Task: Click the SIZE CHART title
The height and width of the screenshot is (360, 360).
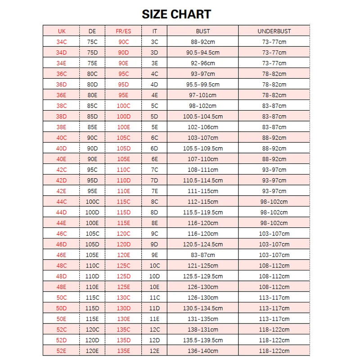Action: (x=176, y=14)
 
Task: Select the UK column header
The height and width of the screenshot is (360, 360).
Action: (x=62, y=31)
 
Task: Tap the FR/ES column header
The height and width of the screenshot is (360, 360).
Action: (x=123, y=31)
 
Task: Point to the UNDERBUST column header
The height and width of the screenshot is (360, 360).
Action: (x=274, y=31)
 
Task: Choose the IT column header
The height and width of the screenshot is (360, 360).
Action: (x=154, y=31)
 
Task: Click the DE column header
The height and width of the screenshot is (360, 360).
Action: (x=92, y=31)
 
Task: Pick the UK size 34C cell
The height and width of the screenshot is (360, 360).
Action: (x=62, y=42)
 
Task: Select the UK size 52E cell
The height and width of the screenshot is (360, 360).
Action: (x=62, y=351)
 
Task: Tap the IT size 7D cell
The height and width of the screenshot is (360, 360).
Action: (x=154, y=180)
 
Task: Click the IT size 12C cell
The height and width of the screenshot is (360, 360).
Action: (x=154, y=330)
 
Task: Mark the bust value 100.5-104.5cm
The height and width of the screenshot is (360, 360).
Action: (x=203, y=117)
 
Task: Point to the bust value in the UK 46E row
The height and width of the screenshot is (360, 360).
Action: (x=203, y=255)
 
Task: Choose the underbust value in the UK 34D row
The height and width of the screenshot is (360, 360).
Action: (x=274, y=53)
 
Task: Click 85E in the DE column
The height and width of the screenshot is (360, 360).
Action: (x=92, y=127)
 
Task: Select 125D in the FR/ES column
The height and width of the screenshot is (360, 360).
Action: (x=123, y=276)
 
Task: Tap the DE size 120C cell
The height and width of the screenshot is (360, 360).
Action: (x=92, y=330)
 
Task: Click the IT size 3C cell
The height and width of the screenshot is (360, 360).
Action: (x=154, y=42)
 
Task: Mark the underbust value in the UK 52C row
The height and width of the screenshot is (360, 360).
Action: (x=274, y=330)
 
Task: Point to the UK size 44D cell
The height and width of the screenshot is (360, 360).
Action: (x=62, y=212)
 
